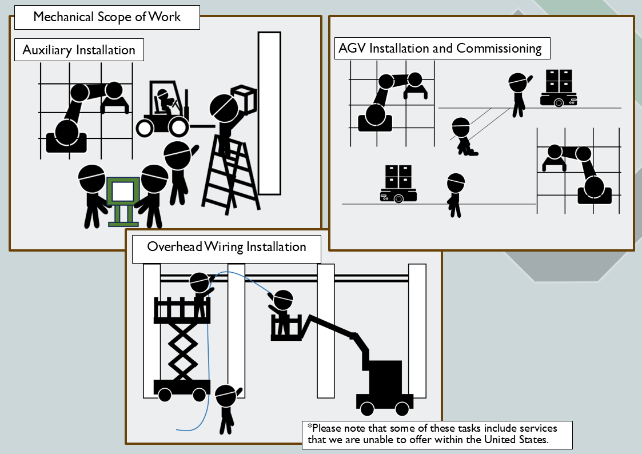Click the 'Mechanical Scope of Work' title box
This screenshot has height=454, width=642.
pyautogui.click(x=107, y=17)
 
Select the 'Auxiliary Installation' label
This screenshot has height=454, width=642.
pyautogui.click(x=79, y=50)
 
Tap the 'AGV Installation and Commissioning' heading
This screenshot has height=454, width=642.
pyautogui.click(x=440, y=48)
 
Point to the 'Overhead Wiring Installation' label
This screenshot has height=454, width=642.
pyautogui.click(x=226, y=247)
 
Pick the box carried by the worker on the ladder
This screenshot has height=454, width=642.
pyautogui.click(x=243, y=99)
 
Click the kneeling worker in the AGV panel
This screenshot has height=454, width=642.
pyautogui.click(x=464, y=137)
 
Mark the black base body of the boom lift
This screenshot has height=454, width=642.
pyautogui.click(x=386, y=377)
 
